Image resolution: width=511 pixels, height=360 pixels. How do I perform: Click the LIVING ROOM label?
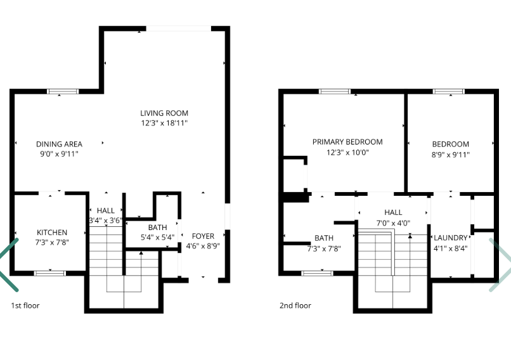(x=164, y=113)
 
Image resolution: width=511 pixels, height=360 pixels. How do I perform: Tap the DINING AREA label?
(x=59, y=144)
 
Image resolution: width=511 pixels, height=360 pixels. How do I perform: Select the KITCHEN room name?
(x=52, y=233)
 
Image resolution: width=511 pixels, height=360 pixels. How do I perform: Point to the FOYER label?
(x=203, y=236)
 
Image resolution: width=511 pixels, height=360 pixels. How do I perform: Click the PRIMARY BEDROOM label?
(x=347, y=142)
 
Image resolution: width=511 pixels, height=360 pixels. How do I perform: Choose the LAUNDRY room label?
(x=451, y=238)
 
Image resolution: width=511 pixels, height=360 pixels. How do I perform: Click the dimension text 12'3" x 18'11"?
(x=164, y=123)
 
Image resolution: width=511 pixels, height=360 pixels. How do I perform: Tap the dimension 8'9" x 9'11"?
(x=451, y=155)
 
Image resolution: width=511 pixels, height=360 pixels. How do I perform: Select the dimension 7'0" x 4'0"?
(x=393, y=223)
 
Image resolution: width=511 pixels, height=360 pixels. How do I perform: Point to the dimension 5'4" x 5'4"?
(x=157, y=237)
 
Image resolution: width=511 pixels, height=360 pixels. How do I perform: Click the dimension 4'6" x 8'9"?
(x=203, y=246)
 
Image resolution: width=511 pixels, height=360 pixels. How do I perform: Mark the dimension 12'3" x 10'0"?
(x=347, y=152)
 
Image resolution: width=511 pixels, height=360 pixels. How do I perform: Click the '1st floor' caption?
(x=25, y=305)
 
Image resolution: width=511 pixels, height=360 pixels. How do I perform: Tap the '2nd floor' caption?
(x=295, y=305)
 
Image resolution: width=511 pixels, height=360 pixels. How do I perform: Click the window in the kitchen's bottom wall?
(x=50, y=273)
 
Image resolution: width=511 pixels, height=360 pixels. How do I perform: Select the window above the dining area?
(x=63, y=91)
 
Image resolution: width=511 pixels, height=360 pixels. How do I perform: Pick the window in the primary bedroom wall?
(x=335, y=91)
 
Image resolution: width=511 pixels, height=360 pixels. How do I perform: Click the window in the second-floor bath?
(x=318, y=273)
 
